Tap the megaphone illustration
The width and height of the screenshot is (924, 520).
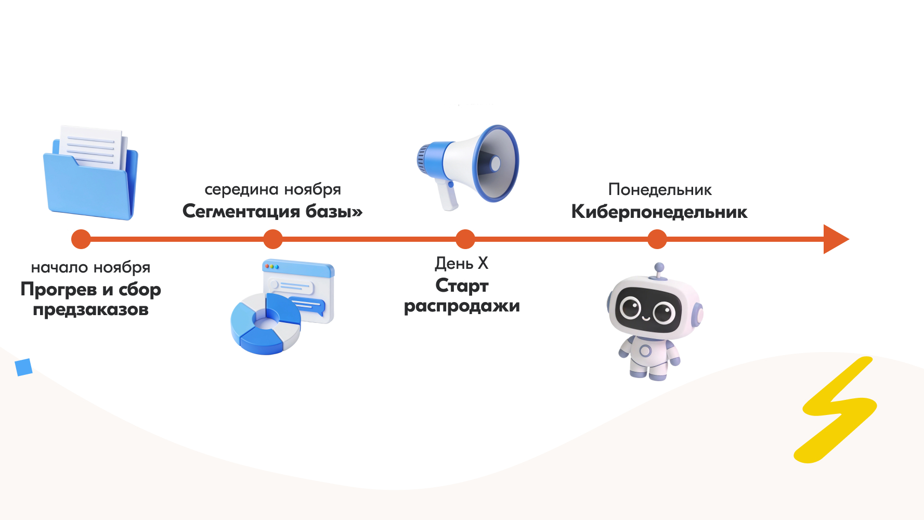pos(467,167)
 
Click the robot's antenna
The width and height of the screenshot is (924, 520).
pos(659,271)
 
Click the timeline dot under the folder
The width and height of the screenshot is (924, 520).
pos(81,239)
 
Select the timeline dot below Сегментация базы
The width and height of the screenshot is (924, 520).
pos(273,239)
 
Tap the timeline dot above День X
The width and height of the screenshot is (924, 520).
pos(465,239)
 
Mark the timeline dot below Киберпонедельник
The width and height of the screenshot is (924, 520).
pos(657,239)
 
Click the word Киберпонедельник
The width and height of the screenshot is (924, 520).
pos(659,212)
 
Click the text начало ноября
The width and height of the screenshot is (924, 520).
pos(90,267)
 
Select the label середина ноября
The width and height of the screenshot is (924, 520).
pos(273,189)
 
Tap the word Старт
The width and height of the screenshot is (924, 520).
pos(462,285)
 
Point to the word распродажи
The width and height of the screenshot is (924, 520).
pos(462,306)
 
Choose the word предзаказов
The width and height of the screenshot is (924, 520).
pos(90,309)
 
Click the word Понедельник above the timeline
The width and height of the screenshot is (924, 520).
pos(660,190)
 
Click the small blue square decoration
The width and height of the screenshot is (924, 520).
pos(24,367)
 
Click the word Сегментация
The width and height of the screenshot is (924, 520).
pos(241,211)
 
